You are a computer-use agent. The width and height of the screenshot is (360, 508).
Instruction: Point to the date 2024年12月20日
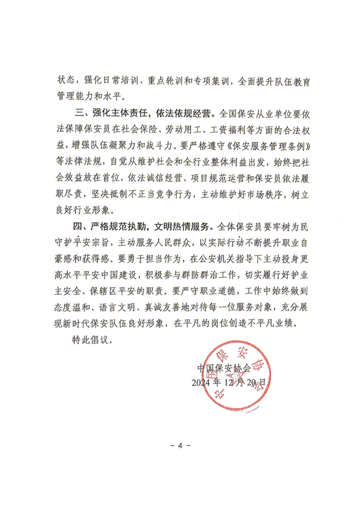(x=230, y=383)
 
